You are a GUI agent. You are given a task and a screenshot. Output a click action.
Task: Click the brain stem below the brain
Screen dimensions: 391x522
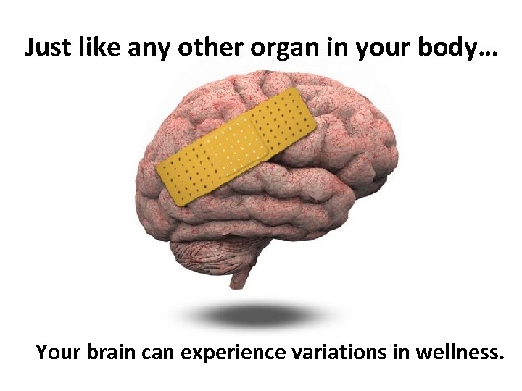pos(239,279)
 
